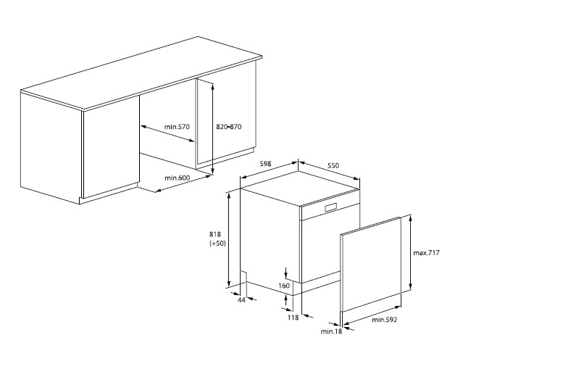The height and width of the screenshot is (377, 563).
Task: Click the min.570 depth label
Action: (x=177, y=126)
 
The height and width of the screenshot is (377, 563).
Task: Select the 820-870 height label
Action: (x=229, y=126)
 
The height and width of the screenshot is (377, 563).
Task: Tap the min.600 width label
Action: (x=177, y=178)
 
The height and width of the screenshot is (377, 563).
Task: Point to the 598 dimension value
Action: (x=265, y=164)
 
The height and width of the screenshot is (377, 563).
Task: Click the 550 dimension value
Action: (x=333, y=166)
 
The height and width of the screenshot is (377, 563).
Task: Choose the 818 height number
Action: (x=215, y=234)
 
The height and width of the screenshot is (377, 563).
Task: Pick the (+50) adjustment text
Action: (x=217, y=244)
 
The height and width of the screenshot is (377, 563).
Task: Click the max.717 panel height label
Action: (x=426, y=252)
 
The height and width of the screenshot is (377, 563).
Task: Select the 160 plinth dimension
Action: (x=283, y=286)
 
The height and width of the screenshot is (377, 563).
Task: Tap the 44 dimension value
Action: (x=241, y=299)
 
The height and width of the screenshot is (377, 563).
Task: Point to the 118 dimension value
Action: (x=293, y=318)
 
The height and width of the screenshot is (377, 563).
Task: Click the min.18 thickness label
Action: (x=331, y=331)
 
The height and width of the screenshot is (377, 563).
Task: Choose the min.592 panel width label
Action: (x=385, y=320)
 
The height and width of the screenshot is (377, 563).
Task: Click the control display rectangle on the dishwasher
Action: (x=330, y=207)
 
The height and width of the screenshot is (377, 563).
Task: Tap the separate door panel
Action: (x=370, y=264)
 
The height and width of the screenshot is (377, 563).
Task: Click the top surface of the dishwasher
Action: (x=300, y=188)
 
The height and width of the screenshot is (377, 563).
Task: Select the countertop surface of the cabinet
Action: (x=141, y=72)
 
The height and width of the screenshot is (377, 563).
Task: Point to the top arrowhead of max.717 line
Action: (x=410, y=217)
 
